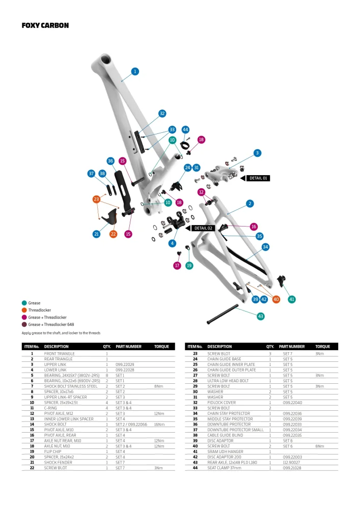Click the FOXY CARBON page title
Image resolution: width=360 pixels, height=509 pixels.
tap(45, 25)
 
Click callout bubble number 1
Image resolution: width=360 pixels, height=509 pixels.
tap(135, 72)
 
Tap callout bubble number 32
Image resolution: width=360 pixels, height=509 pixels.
tap(162, 114)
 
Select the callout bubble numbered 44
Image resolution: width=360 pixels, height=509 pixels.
tap(185, 130)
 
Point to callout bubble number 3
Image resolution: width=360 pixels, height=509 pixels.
tap(258, 153)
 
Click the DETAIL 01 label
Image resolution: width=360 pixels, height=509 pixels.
tap(258, 178)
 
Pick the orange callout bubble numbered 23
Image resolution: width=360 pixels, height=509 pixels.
tap(96, 199)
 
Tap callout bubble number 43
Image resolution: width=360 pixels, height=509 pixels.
tap(261, 316)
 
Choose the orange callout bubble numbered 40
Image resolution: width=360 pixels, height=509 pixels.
tap(276, 299)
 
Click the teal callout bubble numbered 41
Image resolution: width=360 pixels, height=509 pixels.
tap(292, 299)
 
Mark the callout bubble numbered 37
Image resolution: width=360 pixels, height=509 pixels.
tap(91, 174)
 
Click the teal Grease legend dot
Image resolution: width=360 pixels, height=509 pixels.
tap(24, 303)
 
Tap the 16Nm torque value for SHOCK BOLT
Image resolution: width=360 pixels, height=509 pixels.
tap(159, 423)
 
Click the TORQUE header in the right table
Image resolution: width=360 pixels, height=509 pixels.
tap(322, 347)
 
